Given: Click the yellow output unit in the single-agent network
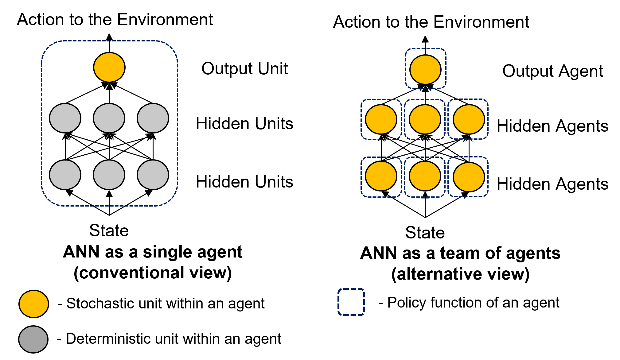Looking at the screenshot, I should pos(109,67).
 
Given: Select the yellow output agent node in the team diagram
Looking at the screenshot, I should pos(425,70).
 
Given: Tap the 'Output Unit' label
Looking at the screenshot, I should pos(244,68).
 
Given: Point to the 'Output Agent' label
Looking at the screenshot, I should pos(552,71).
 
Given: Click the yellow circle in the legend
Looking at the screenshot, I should pos(34,304).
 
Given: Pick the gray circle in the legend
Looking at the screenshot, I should pos(33,339).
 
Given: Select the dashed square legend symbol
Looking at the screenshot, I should pos(351,302).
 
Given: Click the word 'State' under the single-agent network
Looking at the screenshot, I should pos(109,230).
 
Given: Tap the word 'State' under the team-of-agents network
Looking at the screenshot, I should pos(425,233).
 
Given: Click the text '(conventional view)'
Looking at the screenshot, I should pos(153,273).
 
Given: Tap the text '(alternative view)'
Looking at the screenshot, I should pos(460,274).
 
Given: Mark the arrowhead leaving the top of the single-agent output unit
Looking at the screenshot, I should pos(109,37).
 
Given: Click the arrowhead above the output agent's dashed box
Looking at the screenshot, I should pos(425,39).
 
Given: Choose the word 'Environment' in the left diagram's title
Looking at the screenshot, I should pos(165,20).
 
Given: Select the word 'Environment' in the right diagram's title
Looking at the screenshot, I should pos(481,22).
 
